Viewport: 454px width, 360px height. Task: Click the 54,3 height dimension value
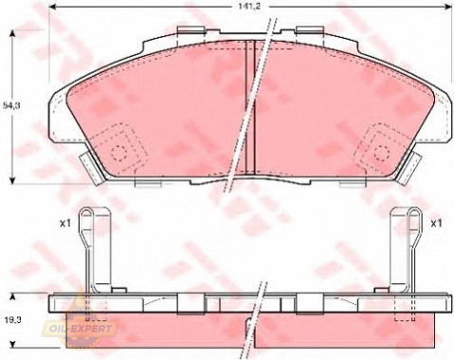(11, 106)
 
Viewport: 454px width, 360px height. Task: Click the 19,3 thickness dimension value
(11, 320)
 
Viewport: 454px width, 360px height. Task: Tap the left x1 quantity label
(64, 224)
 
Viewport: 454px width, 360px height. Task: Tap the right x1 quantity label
(436, 224)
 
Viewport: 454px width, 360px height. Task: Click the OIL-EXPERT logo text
(82, 329)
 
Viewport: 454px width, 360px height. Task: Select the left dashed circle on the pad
(118, 153)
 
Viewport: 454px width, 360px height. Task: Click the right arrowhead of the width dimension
(448, 7)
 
